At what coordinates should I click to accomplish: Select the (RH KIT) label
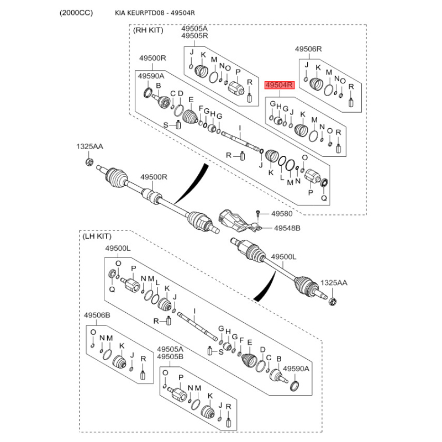pyautogui.click(x=149, y=31)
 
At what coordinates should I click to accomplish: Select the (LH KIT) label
pyautogui.click(x=97, y=236)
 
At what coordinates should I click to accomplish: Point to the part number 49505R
pyautogui.click(x=194, y=36)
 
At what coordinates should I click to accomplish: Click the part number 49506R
pyautogui.click(x=308, y=49)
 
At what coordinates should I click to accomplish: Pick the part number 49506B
pyautogui.click(x=97, y=315)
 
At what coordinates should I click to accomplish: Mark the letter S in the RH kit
pyautogui.click(x=165, y=125)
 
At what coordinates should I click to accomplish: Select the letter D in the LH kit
pyautogui.click(x=262, y=350)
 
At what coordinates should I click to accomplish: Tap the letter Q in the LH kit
pyautogui.click(x=112, y=288)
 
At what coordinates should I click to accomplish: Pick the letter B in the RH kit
pyautogui.click(x=158, y=86)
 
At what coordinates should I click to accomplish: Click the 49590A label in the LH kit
pyautogui.click(x=297, y=368)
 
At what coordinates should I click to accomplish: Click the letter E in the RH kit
pyautogui.click(x=191, y=100)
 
